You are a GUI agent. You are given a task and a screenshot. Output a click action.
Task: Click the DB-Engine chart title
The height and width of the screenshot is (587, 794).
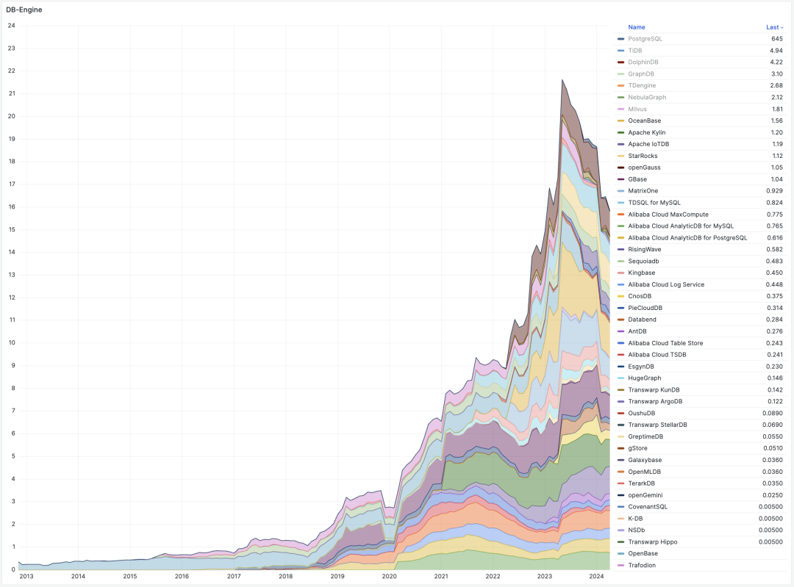pos(24,10)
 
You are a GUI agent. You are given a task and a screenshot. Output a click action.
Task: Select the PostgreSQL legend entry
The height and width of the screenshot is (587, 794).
pos(645,38)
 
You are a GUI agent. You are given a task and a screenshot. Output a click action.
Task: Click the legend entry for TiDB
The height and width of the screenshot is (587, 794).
pos(635,50)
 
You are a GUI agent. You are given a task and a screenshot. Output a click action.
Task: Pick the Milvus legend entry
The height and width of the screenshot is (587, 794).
pos(637,109)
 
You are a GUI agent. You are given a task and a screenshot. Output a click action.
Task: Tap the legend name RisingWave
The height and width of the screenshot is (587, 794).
pos(644,249)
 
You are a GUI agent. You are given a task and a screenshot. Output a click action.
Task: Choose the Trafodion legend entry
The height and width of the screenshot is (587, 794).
pos(642,565)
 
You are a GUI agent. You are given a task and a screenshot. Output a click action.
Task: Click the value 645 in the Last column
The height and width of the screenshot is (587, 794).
pos(776,38)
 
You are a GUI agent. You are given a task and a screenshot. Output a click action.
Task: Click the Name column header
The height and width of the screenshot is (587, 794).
pos(637,27)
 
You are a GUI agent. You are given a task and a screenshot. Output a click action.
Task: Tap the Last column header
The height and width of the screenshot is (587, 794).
pos(773,27)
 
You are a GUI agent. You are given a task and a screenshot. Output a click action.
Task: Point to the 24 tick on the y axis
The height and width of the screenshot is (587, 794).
pos(11,26)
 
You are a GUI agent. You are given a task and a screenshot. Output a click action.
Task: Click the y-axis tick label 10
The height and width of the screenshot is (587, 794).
pos(11,342)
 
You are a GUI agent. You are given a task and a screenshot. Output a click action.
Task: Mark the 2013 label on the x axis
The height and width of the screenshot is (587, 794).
pos(26,577)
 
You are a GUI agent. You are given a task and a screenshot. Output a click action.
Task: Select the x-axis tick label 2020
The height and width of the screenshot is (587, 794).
pos(389,577)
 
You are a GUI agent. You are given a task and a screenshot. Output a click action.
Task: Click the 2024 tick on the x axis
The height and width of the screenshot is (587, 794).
pos(596,577)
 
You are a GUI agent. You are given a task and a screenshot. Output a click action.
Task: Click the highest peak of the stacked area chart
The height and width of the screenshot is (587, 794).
pos(562,80)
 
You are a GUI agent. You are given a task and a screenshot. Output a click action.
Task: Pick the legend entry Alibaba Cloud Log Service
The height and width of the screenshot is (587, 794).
pos(666,284)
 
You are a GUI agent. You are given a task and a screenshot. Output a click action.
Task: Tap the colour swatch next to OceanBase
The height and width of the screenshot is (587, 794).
pos(621,120)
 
